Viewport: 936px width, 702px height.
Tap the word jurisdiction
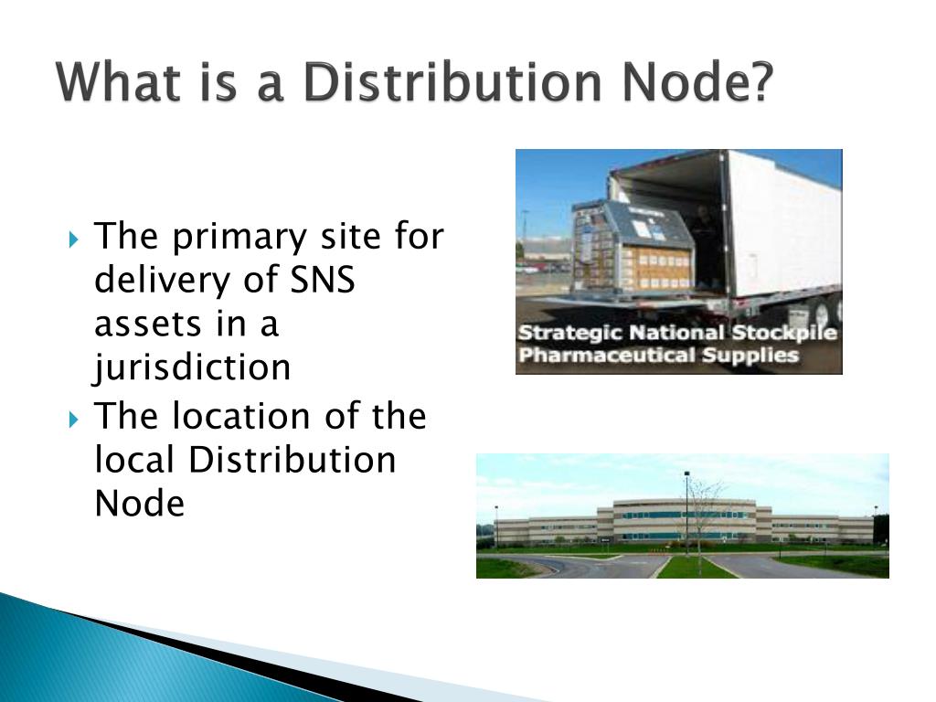(193, 368)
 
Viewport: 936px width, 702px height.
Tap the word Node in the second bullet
(140, 504)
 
